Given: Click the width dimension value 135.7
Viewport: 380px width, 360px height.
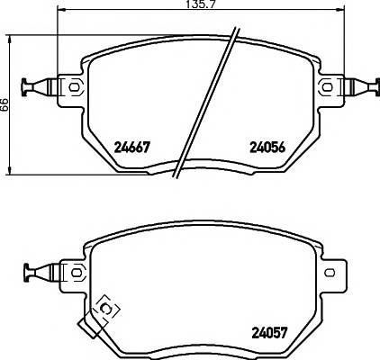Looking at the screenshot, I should click(190, 6).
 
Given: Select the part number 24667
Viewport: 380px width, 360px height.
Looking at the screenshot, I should click(131, 149).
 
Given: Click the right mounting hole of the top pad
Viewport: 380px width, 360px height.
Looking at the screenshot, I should click(327, 86).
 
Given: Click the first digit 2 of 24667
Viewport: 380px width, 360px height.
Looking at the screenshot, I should click(117, 149).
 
